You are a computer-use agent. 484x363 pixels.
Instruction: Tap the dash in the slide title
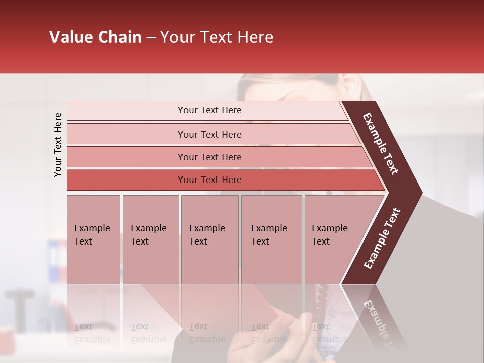coord(151,38)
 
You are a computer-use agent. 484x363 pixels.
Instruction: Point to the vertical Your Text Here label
coord(58,145)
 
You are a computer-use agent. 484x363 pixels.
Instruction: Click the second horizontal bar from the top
coord(209,134)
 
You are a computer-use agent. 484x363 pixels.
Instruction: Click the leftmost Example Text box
coord(93,239)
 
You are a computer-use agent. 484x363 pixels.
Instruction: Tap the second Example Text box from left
coord(150,239)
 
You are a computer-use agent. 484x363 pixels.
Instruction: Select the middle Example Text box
coord(210,239)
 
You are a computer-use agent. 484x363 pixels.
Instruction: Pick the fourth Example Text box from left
coord(272,239)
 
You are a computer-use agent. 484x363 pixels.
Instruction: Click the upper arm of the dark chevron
coord(381,144)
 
